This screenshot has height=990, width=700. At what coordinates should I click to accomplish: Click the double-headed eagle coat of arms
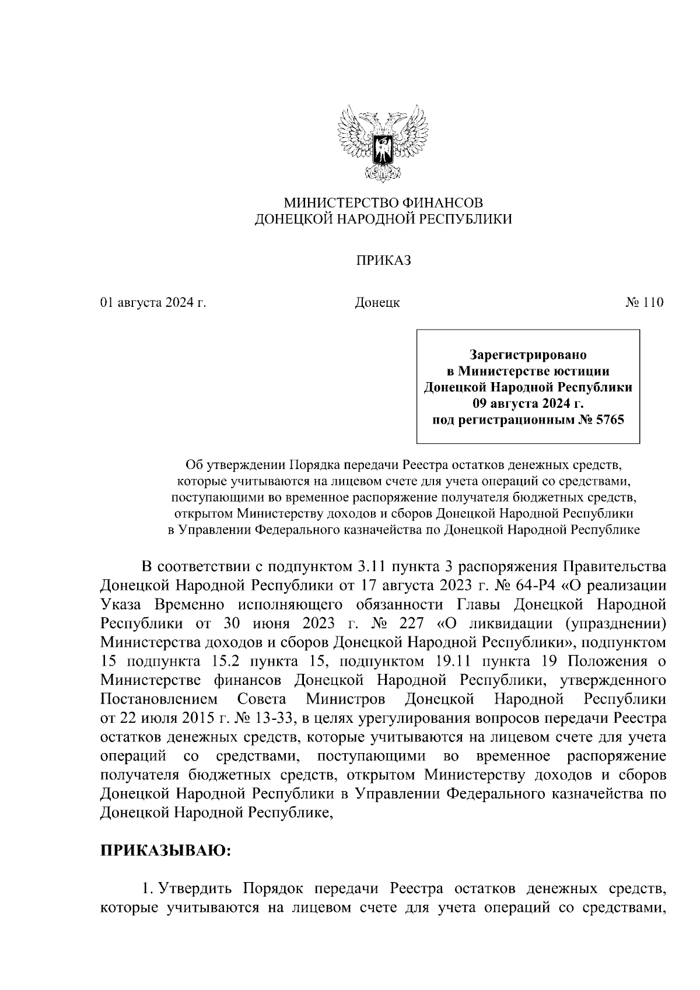pyautogui.click(x=383, y=143)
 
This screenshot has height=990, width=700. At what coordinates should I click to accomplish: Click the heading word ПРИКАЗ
pyautogui.click(x=383, y=261)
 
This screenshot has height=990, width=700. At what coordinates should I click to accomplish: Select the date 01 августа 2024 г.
pyautogui.click(x=153, y=303)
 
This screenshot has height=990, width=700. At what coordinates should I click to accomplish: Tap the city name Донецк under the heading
pyautogui.click(x=377, y=303)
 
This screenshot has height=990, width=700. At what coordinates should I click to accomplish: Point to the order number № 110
pyautogui.click(x=645, y=303)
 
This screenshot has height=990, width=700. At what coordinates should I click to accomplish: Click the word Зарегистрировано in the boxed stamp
pyautogui.click(x=528, y=355)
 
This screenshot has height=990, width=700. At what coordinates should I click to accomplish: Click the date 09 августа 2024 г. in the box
pyautogui.click(x=528, y=404)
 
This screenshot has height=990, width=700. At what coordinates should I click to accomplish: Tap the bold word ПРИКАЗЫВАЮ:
pyautogui.click(x=166, y=850)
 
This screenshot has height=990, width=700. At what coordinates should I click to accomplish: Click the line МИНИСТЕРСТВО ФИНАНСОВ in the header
pyautogui.click(x=383, y=203)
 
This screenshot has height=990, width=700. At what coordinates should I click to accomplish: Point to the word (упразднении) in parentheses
pyautogui.click(x=615, y=623)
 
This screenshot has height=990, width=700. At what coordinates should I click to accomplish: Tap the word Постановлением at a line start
pyautogui.click(x=159, y=699)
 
